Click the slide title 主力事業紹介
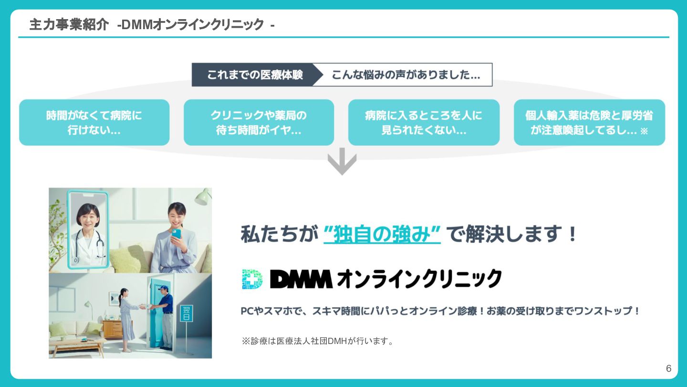click(x=69, y=24)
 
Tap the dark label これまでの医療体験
click(x=255, y=75)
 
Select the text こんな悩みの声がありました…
click(x=406, y=75)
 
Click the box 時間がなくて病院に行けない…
click(x=94, y=122)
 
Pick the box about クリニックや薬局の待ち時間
click(x=259, y=122)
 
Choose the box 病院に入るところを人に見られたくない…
click(x=424, y=122)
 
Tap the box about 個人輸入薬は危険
click(x=589, y=122)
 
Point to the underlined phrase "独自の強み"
click(x=382, y=235)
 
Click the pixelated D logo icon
click(x=252, y=279)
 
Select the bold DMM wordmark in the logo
click(x=301, y=279)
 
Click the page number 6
click(x=668, y=368)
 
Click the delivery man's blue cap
click(x=164, y=289)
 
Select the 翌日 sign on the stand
click(x=187, y=313)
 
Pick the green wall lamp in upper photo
click(x=204, y=196)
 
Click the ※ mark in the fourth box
click(x=644, y=131)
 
